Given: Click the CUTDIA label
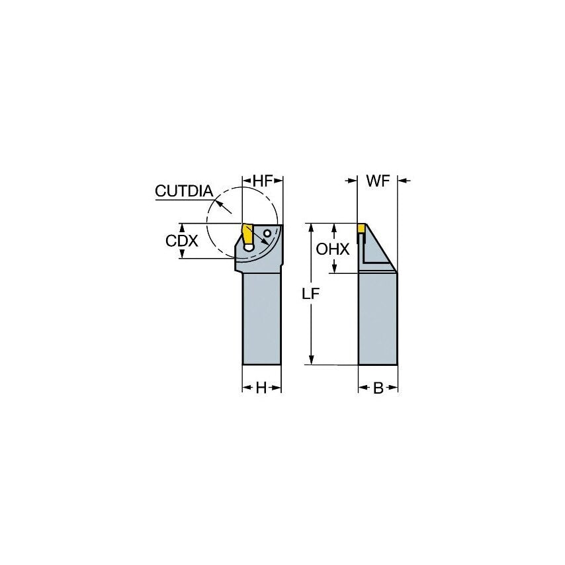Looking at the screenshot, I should coord(183,191).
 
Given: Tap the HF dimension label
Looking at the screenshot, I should coord(263,181).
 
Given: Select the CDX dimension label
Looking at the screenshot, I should coord(181,241).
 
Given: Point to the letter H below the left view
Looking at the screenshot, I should coord(261,388).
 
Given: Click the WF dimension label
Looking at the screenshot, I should coord(378,181).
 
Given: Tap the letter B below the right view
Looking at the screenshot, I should coord(378,388).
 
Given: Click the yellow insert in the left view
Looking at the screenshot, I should coord(247,233).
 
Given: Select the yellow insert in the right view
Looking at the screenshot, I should coord(362,228).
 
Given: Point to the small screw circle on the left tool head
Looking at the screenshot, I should coord(267,234).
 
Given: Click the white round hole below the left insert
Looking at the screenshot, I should coord(249,247).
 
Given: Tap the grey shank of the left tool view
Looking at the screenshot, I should coord(262,318).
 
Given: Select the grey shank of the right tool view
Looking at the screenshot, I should coord(378,318).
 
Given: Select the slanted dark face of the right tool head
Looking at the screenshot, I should coord(380,248).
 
